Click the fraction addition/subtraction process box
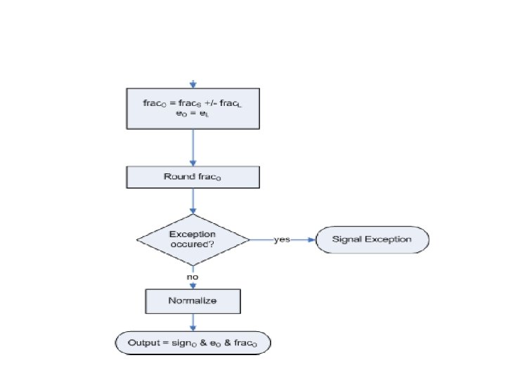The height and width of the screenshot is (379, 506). point(193,109)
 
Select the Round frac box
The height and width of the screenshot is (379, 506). point(193,177)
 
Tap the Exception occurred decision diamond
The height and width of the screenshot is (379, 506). point(193,239)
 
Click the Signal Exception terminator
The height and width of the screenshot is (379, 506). point(372,239)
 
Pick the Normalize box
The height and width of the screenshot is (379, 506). point(193,301)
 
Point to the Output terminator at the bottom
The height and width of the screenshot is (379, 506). point(193,343)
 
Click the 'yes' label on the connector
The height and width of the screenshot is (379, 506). point(282,239)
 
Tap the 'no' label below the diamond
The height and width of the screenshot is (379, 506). point(193,277)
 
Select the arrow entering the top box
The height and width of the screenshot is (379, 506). point(193,85)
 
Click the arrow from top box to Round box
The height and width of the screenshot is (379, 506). point(193,147)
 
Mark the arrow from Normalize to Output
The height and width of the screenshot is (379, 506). point(193,323)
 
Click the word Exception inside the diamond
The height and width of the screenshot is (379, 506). point(193,234)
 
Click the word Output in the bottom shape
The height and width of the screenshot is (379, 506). point(143,343)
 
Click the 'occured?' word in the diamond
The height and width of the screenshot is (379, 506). point(193,244)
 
